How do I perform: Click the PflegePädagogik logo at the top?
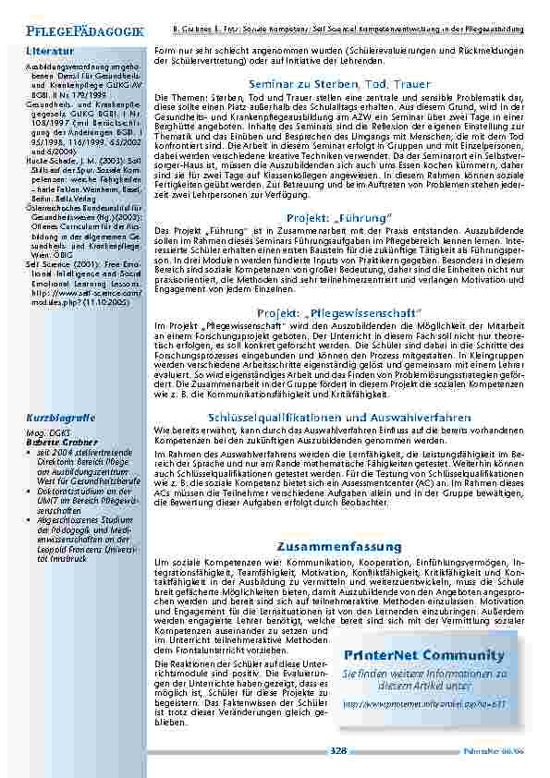[x=85, y=31]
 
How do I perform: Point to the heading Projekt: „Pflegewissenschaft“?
[x=338, y=313]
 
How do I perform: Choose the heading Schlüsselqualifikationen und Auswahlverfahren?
[x=338, y=418]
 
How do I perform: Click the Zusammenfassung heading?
[x=338, y=547]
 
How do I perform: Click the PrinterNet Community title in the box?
[x=424, y=656]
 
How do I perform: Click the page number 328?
[x=338, y=752]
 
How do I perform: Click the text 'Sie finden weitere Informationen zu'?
[x=424, y=674]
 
